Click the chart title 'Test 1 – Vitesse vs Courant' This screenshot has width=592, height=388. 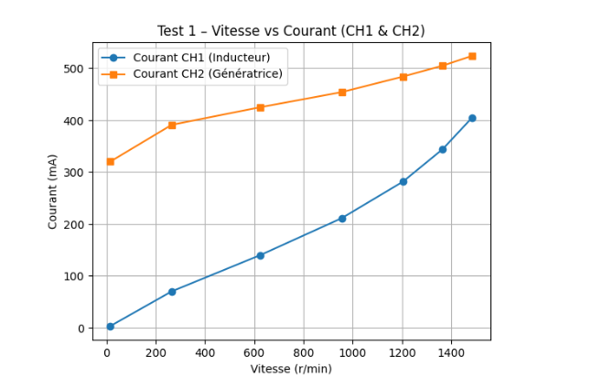click(291, 30)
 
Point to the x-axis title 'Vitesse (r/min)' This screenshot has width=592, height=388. click(291, 369)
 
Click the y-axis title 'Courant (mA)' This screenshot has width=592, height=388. click(53, 191)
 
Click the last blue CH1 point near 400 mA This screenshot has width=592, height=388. click(472, 118)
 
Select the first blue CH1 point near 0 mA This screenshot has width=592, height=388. click(110, 327)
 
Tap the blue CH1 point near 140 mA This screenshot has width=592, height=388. click(260, 255)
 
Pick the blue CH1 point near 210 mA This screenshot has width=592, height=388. click(342, 218)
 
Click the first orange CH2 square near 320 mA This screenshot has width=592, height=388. click(110, 162)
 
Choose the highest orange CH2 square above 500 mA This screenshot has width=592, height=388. click(472, 56)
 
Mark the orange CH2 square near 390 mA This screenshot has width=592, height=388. click(172, 125)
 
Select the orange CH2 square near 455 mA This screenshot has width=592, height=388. click(342, 92)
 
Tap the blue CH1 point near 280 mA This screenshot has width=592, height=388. click(403, 181)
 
